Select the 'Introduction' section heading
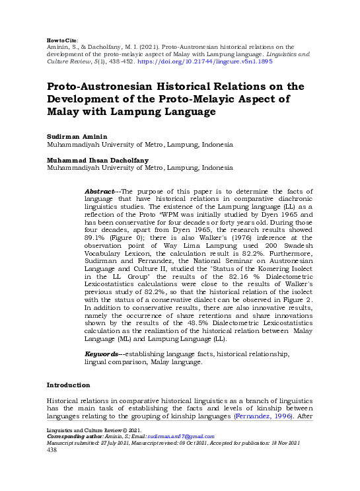tap(68, 385)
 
